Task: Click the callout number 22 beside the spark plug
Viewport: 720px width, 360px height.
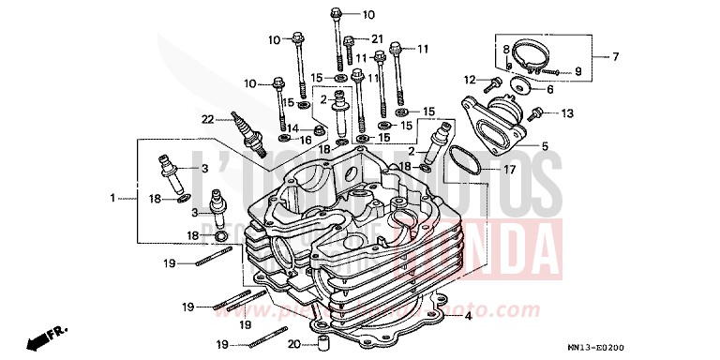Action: [x=207, y=118]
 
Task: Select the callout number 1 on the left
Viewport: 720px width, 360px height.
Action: [x=113, y=198]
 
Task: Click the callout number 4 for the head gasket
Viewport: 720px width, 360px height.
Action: [x=467, y=317]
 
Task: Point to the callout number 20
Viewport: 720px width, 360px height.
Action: [x=292, y=344]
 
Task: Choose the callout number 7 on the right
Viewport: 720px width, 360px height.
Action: [x=616, y=58]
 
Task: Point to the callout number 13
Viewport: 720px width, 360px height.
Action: [x=566, y=114]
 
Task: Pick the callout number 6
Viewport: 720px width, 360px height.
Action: [x=550, y=90]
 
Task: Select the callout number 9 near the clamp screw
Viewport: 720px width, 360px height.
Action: [x=577, y=70]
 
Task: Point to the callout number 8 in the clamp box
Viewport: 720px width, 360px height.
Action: [x=505, y=49]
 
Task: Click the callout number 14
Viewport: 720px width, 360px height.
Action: [x=292, y=128]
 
